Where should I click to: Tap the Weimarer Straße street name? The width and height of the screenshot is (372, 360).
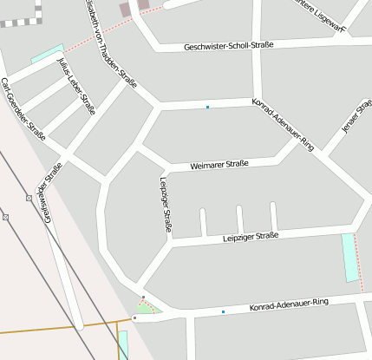[219, 164]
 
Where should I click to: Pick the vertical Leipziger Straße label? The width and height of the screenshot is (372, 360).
[165, 205]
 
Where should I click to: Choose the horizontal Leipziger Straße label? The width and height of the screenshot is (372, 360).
[250, 236]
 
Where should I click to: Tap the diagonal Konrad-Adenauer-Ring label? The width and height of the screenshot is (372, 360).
[283, 125]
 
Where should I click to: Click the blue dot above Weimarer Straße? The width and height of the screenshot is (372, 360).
[207, 107]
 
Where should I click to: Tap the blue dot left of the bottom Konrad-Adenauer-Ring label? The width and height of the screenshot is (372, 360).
[223, 311]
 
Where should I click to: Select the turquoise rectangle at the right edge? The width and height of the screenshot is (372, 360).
[350, 258]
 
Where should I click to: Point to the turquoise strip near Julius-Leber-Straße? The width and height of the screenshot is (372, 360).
[47, 53]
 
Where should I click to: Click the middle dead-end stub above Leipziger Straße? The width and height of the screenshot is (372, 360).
[237, 219]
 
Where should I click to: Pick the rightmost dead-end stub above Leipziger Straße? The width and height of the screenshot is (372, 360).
[273, 216]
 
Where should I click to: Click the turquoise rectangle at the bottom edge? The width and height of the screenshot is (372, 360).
[123, 344]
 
